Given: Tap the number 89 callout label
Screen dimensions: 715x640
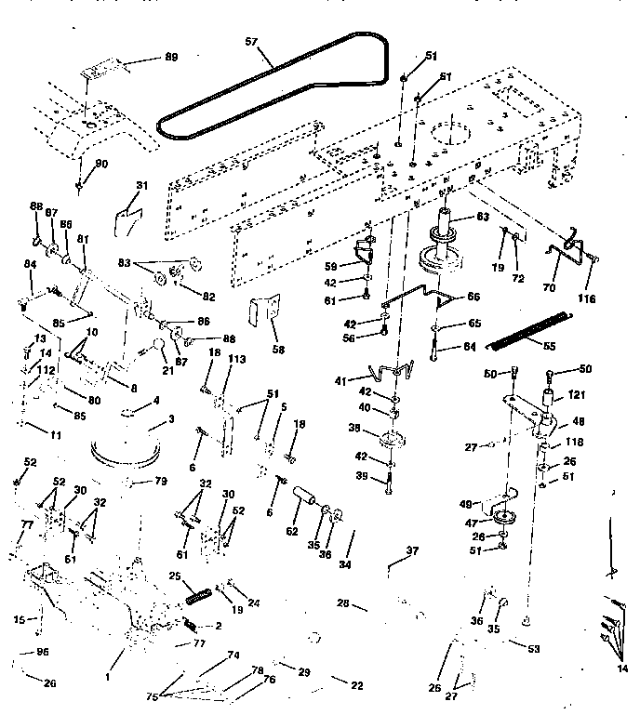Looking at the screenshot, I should (171, 58).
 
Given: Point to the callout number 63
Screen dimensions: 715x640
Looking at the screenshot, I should (482, 217).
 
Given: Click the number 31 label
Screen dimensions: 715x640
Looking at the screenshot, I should (141, 185).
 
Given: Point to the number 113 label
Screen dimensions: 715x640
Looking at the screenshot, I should (236, 359).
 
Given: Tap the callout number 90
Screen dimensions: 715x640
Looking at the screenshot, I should (101, 164).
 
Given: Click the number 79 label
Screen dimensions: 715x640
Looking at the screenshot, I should (160, 481).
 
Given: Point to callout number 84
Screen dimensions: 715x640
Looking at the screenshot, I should (30, 265).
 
